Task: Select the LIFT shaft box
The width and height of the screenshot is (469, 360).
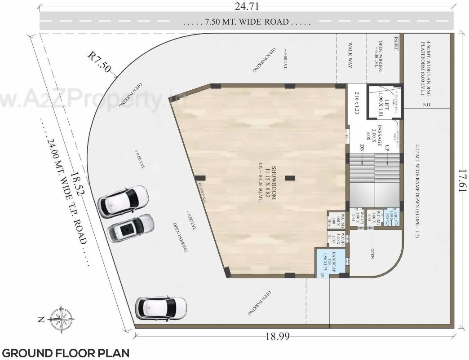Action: tap(383, 102)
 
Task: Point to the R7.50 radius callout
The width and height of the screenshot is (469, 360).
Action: tap(98, 62)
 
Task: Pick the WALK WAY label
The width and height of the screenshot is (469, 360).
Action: tap(351, 55)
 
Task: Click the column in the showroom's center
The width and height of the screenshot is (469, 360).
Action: tap(290, 178)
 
